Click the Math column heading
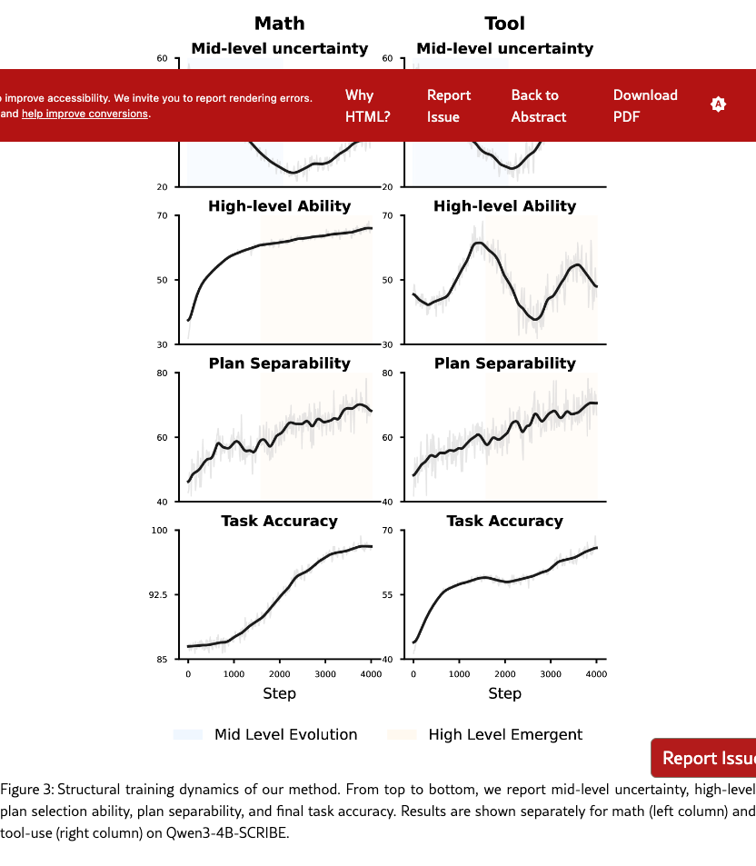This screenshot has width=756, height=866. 279,23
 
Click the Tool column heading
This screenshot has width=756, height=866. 504,23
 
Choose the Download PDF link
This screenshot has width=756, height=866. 645,105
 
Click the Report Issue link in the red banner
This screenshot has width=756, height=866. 449,105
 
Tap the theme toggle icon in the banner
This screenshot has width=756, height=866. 718,105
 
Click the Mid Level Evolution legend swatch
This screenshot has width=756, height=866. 187,734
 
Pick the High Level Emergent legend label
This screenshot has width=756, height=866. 505,734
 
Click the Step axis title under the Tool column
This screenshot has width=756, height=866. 504,693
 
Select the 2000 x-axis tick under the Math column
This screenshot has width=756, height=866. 279,673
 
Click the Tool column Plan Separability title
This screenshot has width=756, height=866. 504,363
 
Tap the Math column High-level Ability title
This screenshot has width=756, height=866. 279,206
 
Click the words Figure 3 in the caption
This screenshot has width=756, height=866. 26,789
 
